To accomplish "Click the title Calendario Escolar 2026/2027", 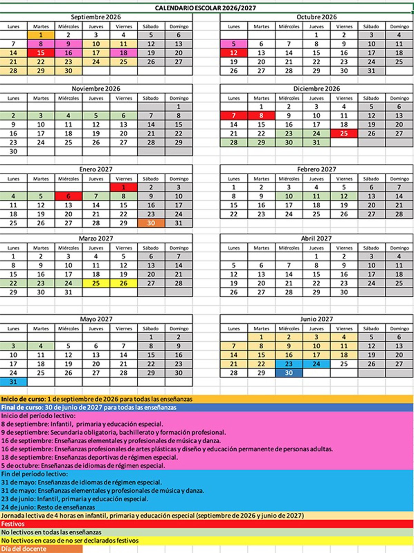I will click(206, 8).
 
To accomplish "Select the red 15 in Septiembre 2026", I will click(41, 53).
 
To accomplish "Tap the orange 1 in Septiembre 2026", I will click(41, 35).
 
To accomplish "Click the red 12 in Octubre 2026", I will click(234, 53).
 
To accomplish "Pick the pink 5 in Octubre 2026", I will click(234, 44).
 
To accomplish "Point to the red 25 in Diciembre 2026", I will click(344, 133).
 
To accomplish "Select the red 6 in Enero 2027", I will click(68, 196).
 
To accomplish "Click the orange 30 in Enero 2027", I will click(151, 223).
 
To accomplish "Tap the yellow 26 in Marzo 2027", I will click(124, 283).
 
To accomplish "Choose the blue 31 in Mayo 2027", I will click(13, 382).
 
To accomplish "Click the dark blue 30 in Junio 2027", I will click(289, 373).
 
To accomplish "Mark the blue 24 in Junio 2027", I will click(316, 364).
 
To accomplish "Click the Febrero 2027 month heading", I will click(316, 169).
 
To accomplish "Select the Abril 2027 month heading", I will click(316, 238).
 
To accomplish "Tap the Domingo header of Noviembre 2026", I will click(179, 98).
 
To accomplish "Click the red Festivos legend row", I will click(13, 524).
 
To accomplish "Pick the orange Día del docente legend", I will click(24, 549).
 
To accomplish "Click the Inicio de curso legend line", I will click(97, 399).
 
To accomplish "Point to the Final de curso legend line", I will click(89, 407).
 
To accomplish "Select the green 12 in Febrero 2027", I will click(344, 196).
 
